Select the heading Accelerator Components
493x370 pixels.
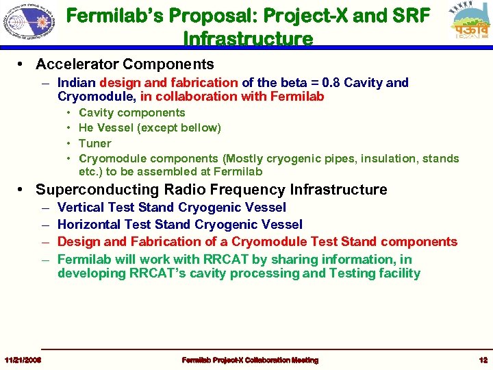click(125, 65)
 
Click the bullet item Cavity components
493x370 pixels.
click(132, 113)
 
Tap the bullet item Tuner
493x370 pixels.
click(95, 143)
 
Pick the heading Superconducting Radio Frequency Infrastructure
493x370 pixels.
click(211, 190)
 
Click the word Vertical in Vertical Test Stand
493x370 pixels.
click(78, 208)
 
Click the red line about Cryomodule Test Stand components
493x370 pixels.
click(257, 242)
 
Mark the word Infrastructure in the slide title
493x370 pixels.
click(248, 38)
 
